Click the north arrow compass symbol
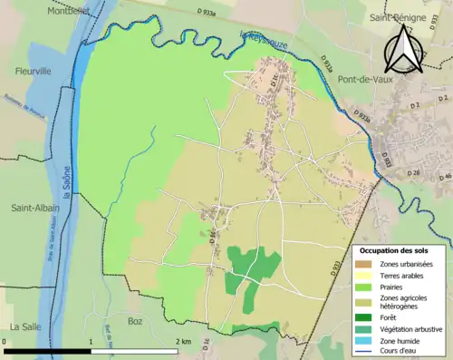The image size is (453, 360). point(401,49)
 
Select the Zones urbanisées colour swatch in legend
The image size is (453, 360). point(366,264)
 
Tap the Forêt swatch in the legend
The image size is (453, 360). point(366,317)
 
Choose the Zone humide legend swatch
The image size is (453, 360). point(366,340)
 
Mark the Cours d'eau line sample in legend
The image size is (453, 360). point(366,351)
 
